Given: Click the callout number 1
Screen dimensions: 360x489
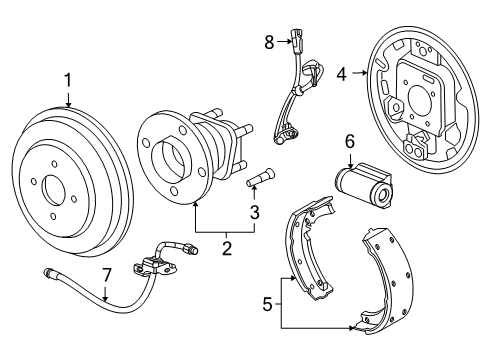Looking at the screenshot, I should [67, 79].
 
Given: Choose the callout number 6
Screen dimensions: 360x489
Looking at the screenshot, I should [350, 144].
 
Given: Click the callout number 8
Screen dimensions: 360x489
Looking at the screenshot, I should [269, 42].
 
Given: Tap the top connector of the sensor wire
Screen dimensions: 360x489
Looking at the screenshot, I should [296, 41].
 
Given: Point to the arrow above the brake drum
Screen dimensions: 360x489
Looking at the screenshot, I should [67, 100].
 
